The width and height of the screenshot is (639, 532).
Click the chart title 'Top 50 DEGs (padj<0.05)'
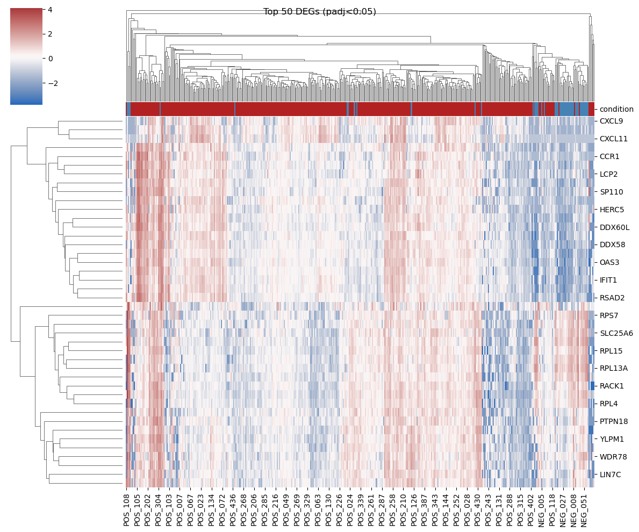(x=319, y=12)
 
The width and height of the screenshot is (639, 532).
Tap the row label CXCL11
(x=614, y=139)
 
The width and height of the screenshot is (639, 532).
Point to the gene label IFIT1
(x=608, y=280)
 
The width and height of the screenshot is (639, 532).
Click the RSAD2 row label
(x=612, y=298)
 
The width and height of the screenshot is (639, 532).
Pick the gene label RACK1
(x=612, y=386)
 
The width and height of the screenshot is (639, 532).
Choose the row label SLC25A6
(x=616, y=333)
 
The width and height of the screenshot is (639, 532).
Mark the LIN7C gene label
(x=611, y=475)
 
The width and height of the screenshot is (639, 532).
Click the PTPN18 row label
(x=614, y=421)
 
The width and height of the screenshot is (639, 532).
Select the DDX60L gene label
(x=614, y=227)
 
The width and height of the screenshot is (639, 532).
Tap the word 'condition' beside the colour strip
(x=616, y=109)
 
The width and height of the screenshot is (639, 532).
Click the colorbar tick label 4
(x=50, y=9)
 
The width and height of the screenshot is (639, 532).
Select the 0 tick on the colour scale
(x=50, y=59)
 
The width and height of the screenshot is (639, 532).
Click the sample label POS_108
(x=127, y=510)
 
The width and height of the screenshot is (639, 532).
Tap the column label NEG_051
(x=584, y=510)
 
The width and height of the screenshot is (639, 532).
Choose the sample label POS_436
(x=233, y=510)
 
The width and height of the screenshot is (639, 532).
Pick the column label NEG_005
(x=542, y=510)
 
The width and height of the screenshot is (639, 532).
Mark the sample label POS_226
(x=339, y=510)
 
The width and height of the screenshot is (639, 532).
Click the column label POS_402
(x=531, y=510)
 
